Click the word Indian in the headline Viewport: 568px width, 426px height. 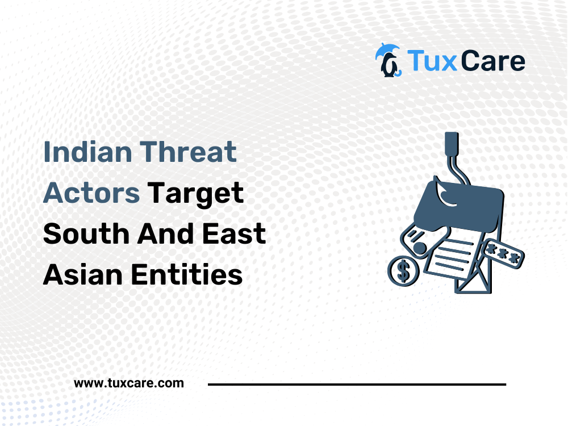pyautogui.click(x=87, y=152)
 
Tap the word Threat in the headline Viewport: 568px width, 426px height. pyautogui.click(x=189, y=152)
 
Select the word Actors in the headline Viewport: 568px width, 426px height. pyautogui.click(x=91, y=193)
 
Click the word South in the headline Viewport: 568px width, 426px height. pyautogui.click(x=86, y=233)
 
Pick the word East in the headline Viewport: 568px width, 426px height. pyautogui.click(x=234, y=233)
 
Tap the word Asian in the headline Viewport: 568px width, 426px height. pyautogui.click(x=82, y=274)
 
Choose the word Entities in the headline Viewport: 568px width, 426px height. pyautogui.click(x=186, y=274)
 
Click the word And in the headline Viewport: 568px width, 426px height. pyautogui.click(x=165, y=233)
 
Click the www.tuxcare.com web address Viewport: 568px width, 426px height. pyautogui.click(x=129, y=383)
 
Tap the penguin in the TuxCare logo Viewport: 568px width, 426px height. pyautogui.click(x=389, y=65)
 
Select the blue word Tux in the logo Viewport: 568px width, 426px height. pyautogui.click(x=432, y=61)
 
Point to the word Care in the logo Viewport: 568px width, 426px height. pyautogui.click(x=493, y=61)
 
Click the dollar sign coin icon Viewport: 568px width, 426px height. pyautogui.click(x=403, y=271)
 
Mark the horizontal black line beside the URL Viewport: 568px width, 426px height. pyautogui.click(x=357, y=385)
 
